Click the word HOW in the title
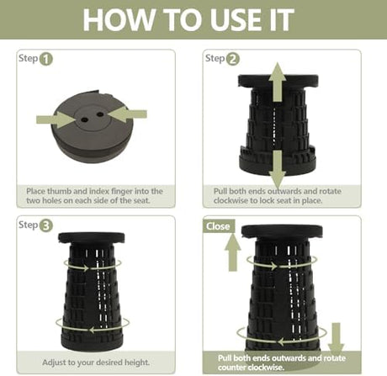[x=119, y=19]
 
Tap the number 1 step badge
[x=46, y=59]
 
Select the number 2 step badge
[x=233, y=59]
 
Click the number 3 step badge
[x=46, y=225]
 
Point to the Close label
[x=218, y=226]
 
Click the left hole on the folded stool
[x=84, y=119]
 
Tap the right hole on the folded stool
[x=100, y=114]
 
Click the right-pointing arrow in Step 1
[x=56, y=119]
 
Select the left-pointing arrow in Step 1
[x=127, y=114]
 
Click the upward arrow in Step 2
[x=278, y=82]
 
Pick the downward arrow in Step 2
[x=278, y=169]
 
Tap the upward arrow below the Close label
[x=233, y=252]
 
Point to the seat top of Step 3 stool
[x=92, y=237]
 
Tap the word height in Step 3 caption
[x=136, y=363]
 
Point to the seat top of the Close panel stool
[x=282, y=231]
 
